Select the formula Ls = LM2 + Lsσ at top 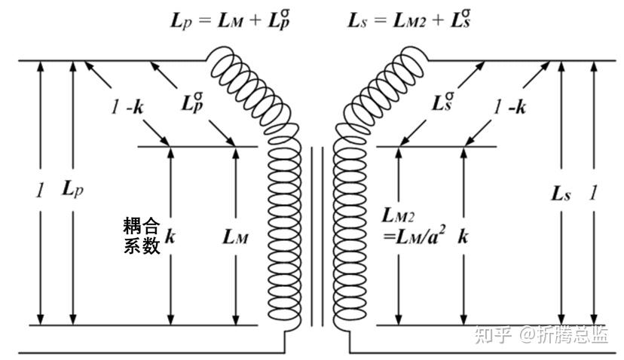(410, 19)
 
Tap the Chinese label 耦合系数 (142, 236)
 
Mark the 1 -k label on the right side (509, 107)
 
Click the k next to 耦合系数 (170, 236)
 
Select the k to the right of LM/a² (462, 236)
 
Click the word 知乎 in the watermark (493, 334)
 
